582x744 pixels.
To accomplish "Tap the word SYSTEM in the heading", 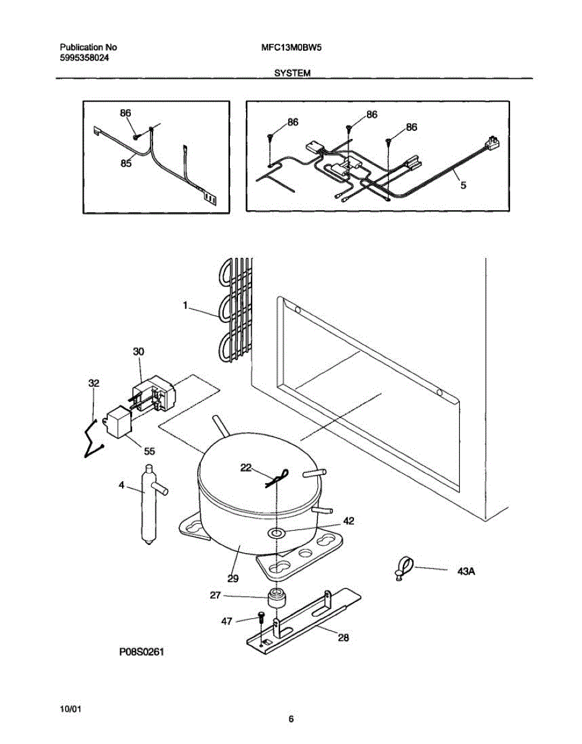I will (x=292, y=73).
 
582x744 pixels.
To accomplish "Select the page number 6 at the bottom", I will (x=291, y=719).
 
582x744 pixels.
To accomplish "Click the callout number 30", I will (x=138, y=352).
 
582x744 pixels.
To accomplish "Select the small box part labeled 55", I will (x=118, y=425).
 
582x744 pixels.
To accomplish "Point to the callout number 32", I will (x=94, y=384).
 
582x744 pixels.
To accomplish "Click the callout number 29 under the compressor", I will (x=233, y=578).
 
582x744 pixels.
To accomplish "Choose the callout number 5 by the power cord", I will (x=463, y=184).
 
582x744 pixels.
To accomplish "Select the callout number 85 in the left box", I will (x=126, y=164).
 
